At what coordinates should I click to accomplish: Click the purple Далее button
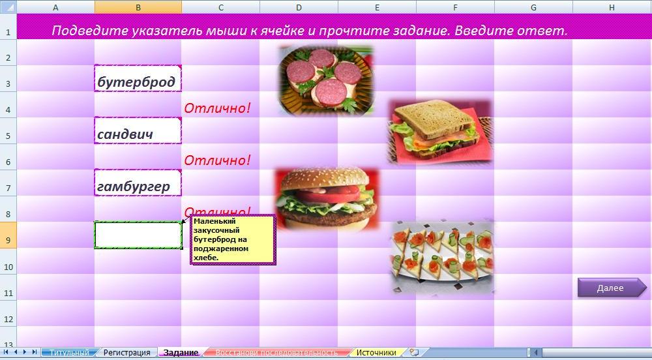(610, 288)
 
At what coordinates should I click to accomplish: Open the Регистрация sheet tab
(127, 353)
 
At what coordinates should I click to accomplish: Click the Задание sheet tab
(181, 353)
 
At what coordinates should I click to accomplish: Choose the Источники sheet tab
(376, 353)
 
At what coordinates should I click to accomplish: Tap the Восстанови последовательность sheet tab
(276, 353)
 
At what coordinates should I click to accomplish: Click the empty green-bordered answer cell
(138, 235)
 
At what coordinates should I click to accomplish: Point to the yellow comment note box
(233, 240)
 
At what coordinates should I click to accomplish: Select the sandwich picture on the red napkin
(439, 130)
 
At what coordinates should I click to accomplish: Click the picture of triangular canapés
(441, 255)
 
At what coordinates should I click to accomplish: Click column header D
(299, 7)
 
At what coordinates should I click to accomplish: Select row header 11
(8, 293)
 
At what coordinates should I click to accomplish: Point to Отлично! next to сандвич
(217, 160)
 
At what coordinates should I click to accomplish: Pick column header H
(612, 7)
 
